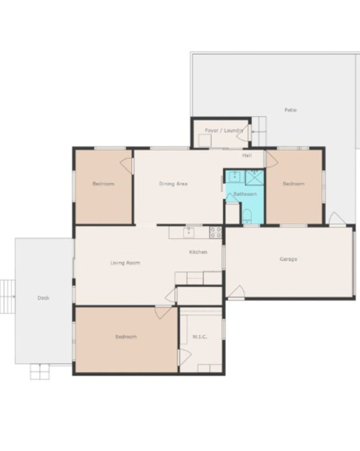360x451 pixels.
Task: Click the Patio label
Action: (290, 110)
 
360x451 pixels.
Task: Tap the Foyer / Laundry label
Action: (224, 131)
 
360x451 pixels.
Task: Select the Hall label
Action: (247, 155)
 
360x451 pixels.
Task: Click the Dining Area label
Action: (173, 184)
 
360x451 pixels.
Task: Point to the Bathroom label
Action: (245, 194)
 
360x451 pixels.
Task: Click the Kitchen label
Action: (198, 252)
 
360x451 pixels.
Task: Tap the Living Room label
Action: (125, 263)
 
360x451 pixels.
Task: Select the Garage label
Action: (288, 259)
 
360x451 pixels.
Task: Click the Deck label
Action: (43, 298)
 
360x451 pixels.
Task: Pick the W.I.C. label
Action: (200, 337)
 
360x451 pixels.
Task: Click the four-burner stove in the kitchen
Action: (216, 232)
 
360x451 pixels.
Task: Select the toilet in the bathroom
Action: (247, 216)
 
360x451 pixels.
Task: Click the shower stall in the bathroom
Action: (254, 178)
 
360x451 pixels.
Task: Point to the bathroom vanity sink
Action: (235, 176)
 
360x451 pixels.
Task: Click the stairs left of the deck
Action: (8, 297)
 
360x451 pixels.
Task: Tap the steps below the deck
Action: (40, 372)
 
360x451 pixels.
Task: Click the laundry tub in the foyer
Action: (205, 141)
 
